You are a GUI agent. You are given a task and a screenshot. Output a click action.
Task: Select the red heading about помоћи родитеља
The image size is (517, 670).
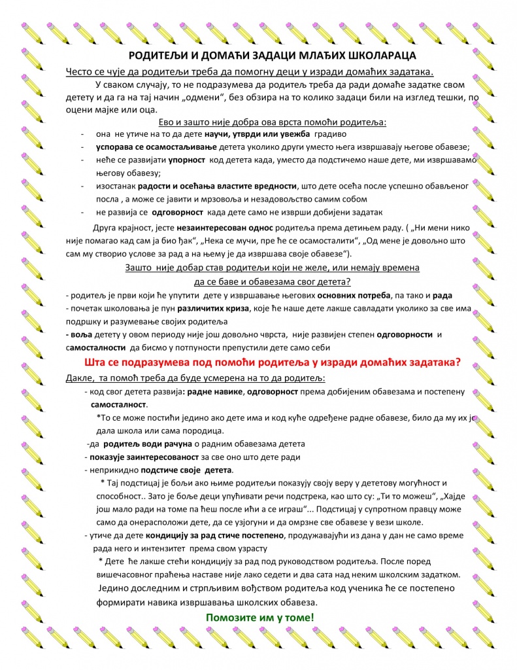(273, 362)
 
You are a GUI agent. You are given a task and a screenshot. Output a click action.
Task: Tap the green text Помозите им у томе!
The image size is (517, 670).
(259, 617)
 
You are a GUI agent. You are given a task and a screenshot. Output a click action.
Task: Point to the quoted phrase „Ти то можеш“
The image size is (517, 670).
(401, 495)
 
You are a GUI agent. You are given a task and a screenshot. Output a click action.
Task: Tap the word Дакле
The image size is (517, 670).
(79, 378)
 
